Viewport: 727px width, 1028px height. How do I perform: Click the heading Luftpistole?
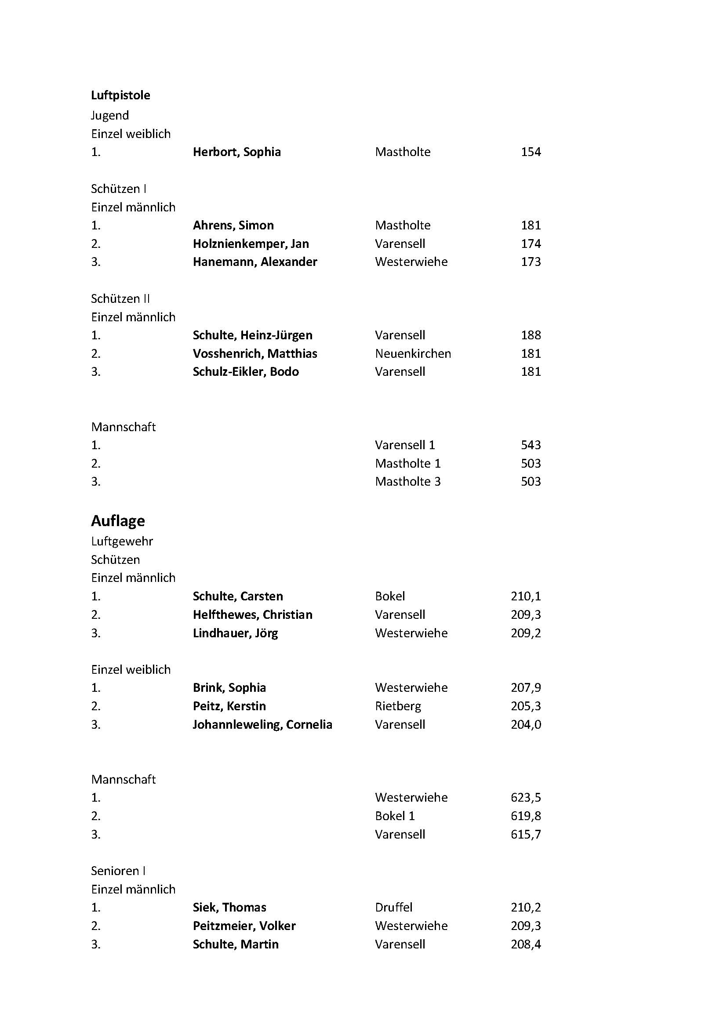point(120,95)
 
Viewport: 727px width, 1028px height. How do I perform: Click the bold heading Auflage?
point(118,521)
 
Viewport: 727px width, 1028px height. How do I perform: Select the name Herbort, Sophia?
point(237,152)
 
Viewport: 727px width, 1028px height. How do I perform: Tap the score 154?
point(531,152)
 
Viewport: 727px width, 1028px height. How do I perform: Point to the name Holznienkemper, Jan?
point(251,244)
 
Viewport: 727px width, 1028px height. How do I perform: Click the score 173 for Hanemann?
point(531,262)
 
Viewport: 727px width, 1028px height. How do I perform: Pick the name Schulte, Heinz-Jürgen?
point(252,335)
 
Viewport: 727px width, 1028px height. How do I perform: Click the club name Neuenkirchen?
point(413,354)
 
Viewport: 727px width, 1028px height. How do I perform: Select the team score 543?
point(531,445)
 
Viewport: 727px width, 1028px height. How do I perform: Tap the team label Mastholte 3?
point(407,482)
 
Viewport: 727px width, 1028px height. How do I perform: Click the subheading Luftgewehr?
point(122,541)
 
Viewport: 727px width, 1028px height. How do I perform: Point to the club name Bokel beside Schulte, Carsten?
point(390,596)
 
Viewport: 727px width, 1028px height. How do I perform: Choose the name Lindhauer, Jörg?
point(236,633)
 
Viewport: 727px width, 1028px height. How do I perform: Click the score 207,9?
point(526,688)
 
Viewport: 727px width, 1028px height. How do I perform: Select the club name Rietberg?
point(398,707)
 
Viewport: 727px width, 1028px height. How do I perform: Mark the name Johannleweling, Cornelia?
point(262,725)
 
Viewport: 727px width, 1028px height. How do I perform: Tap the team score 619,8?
point(526,816)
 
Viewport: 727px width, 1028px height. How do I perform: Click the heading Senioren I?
point(118,871)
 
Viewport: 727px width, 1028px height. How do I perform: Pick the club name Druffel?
point(393,908)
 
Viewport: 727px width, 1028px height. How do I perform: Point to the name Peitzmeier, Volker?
point(244,926)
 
